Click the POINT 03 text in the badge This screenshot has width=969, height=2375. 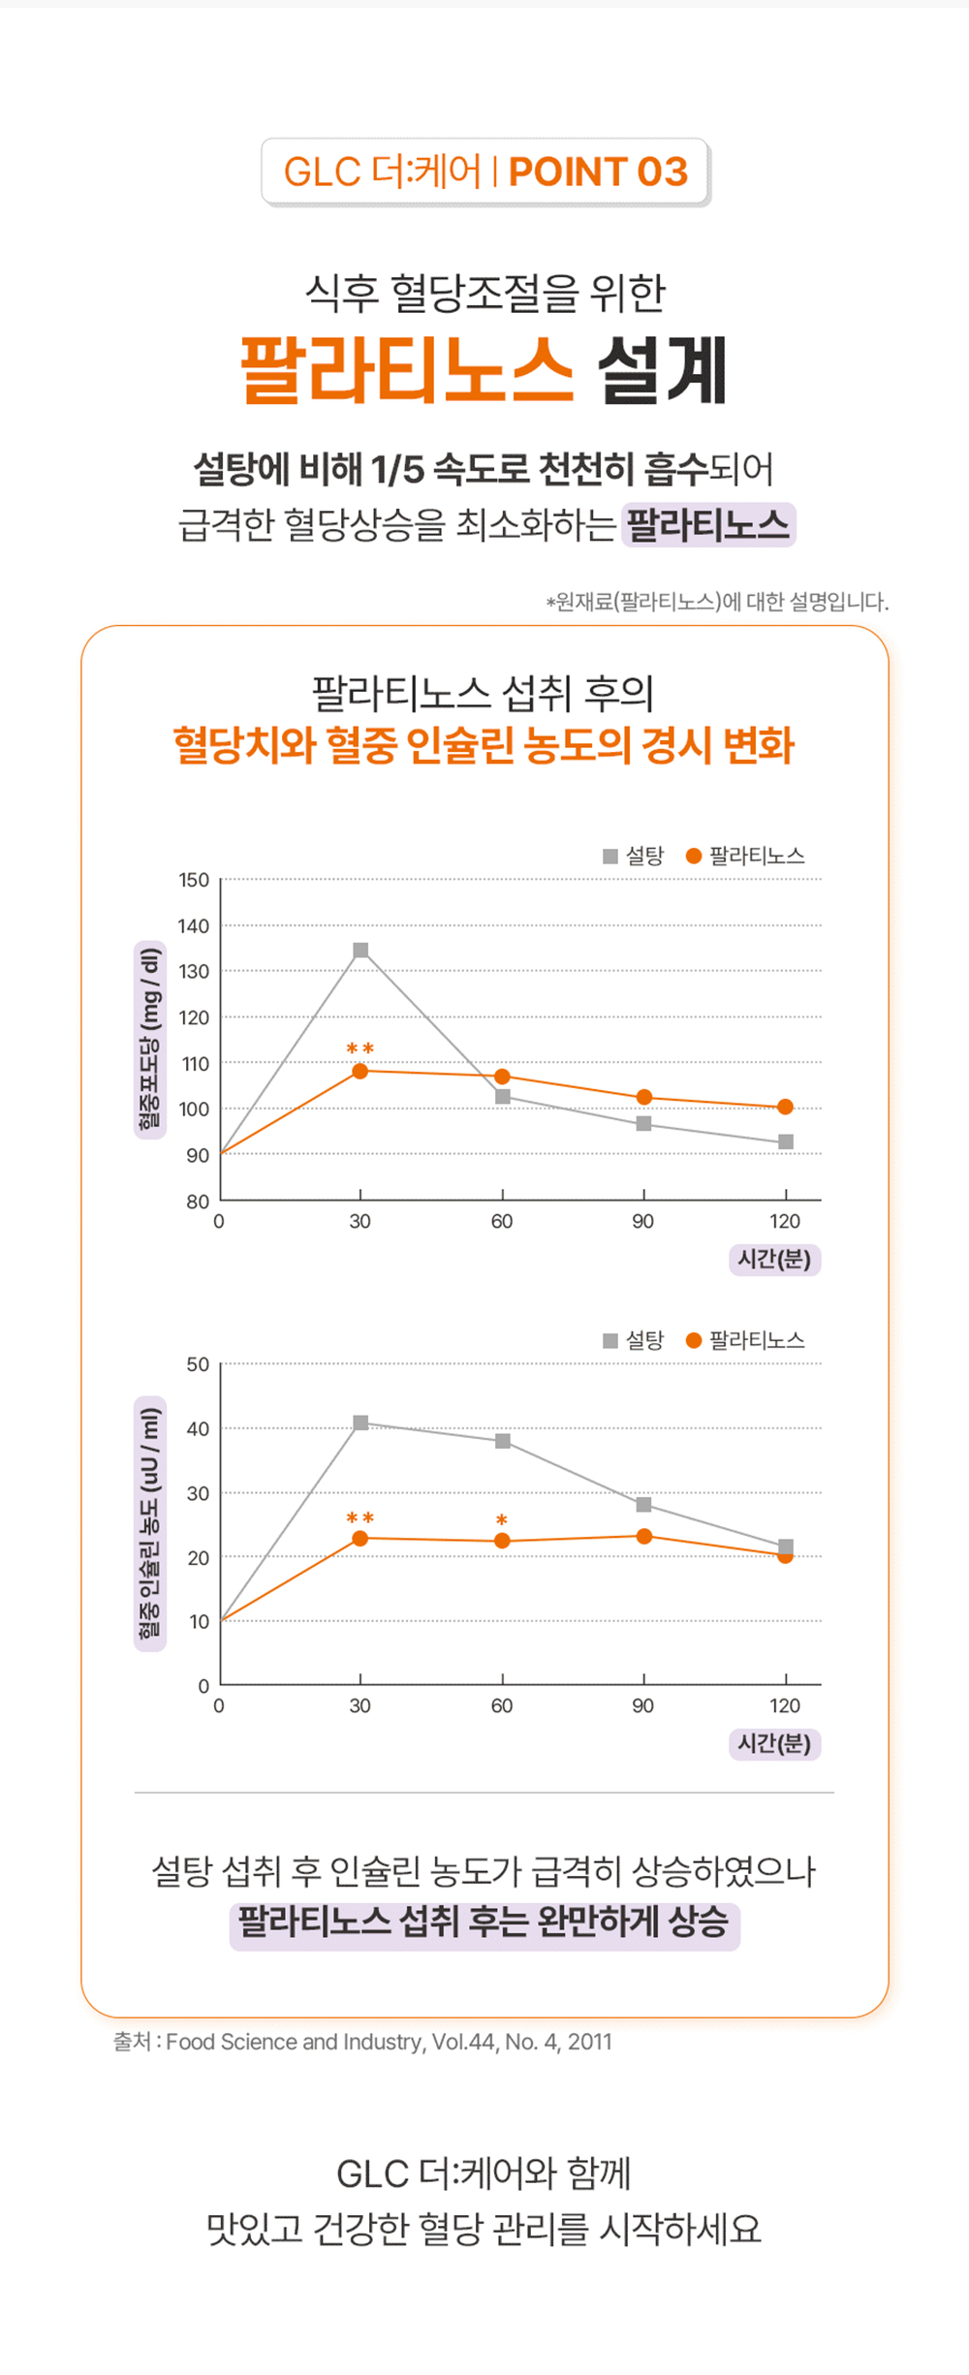(x=598, y=172)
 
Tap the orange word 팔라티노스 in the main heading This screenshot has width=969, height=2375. (x=407, y=370)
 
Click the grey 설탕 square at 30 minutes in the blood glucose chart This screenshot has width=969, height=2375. (x=360, y=951)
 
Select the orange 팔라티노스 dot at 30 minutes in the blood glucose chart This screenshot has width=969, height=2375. (x=360, y=1071)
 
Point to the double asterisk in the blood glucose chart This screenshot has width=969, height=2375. (x=360, y=1049)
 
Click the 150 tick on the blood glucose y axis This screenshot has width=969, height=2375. (x=194, y=880)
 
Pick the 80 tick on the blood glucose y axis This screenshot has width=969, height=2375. (x=198, y=1202)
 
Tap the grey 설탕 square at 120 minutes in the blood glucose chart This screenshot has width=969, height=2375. (x=786, y=1142)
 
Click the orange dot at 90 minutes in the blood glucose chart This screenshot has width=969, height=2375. (x=644, y=1097)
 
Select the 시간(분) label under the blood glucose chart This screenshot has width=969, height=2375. (x=774, y=1260)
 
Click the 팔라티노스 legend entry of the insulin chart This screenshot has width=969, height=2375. (x=746, y=1341)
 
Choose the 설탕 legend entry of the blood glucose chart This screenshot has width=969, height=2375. (x=635, y=857)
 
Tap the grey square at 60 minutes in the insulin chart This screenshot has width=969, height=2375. (x=503, y=1441)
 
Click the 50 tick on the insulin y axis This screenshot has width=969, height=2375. (x=198, y=1364)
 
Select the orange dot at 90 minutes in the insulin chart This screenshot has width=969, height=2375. (x=644, y=1536)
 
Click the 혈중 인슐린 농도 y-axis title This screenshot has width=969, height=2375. (x=150, y=1523)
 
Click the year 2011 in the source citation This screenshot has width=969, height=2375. (x=590, y=2042)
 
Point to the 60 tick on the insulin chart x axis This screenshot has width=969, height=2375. (x=502, y=1705)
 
